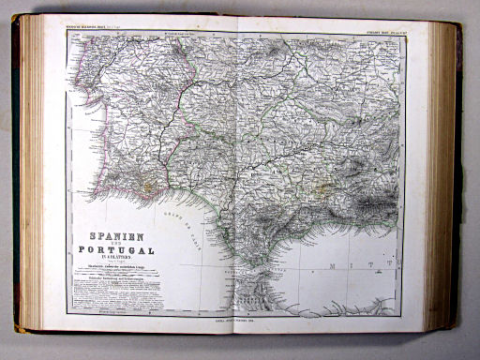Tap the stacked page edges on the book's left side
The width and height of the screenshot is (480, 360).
[30, 178]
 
